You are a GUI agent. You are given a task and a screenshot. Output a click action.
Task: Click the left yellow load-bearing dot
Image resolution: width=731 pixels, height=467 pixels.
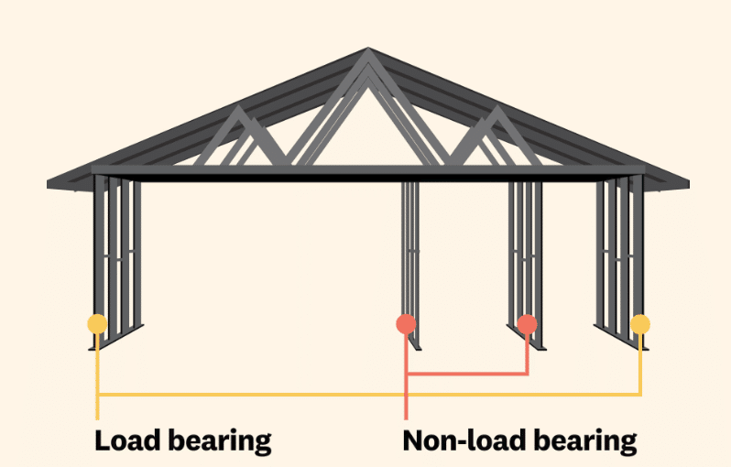coord(96,323)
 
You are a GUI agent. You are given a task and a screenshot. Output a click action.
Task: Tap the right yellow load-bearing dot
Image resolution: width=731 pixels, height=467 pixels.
coord(640,323)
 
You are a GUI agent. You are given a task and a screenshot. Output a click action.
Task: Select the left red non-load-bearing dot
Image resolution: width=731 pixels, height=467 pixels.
coord(405,323)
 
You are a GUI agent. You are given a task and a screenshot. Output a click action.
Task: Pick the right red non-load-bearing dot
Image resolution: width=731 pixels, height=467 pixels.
coord(526,323)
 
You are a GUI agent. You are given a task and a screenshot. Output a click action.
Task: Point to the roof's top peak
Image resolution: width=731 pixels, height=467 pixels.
coord(368,52)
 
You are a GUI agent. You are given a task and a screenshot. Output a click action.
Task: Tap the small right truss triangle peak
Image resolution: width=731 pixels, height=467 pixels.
coord(496,111)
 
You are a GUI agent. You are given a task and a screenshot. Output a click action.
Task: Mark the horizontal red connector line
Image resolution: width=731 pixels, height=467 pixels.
coord(467,374)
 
